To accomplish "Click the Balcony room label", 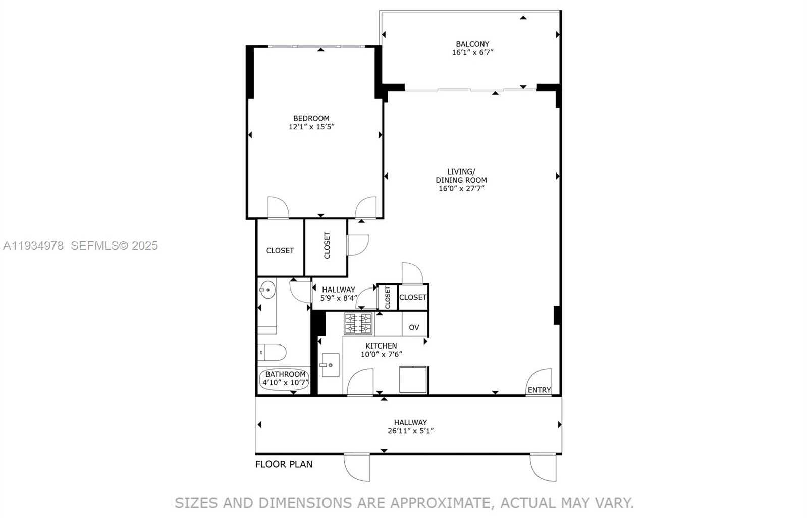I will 472,44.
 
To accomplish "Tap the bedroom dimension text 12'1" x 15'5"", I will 311,127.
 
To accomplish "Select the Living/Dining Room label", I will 461,176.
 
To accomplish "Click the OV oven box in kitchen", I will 414,327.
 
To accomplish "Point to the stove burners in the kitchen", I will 358,324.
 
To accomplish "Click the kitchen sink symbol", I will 330,365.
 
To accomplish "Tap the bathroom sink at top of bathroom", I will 267,290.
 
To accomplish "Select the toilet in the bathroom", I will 272,352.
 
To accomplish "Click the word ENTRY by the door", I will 539,390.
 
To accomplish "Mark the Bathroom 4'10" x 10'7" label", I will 285,378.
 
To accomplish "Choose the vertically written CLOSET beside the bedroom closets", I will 327,245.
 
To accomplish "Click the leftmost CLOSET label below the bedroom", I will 280,250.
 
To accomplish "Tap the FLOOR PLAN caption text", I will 284,464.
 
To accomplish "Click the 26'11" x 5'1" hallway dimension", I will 410,431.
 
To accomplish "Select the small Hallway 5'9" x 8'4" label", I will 338,294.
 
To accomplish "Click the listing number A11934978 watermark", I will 33,246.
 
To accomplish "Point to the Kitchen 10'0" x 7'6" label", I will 381,350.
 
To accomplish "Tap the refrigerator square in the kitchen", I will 413,379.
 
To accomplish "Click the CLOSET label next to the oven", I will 413,297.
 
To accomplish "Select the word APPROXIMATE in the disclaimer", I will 440,503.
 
